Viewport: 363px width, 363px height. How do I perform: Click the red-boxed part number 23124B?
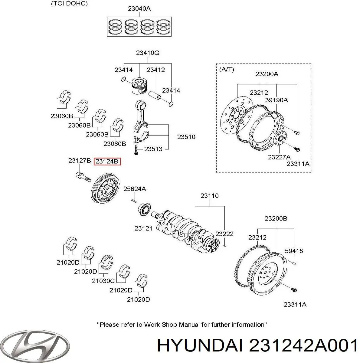click(x=107, y=162)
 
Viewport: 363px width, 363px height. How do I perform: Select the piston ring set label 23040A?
click(x=139, y=9)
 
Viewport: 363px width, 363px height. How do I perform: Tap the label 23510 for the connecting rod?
click(x=186, y=137)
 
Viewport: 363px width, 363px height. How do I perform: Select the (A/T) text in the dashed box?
click(x=226, y=69)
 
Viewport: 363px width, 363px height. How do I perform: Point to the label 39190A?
click(x=276, y=100)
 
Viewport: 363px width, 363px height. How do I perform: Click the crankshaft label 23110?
click(x=209, y=196)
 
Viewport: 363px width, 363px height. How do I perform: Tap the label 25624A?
click(x=135, y=189)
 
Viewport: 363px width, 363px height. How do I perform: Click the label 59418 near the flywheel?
click(x=294, y=251)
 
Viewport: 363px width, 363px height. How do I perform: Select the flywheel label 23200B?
click(x=276, y=218)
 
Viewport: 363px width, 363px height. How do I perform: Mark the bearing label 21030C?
click(x=103, y=281)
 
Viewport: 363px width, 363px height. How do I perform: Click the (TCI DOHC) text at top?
click(x=69, y=4)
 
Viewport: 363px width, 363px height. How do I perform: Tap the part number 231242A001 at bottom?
click(x=303, y=345)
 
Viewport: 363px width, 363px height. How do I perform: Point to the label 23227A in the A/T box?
click(x=279, y=157)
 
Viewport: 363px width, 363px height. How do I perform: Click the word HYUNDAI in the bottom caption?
click(x=200, y=345)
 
